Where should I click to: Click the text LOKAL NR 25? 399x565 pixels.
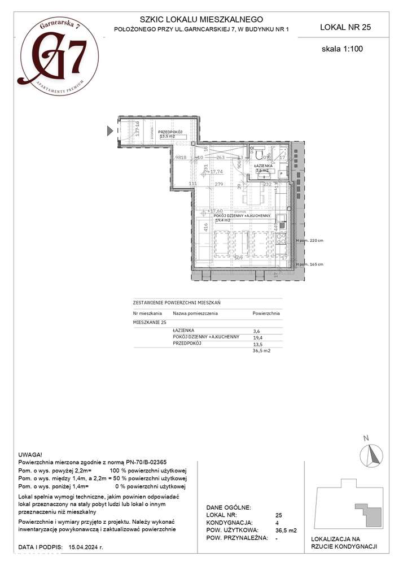click(x=345, y=27)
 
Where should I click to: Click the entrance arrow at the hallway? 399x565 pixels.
click(x=111, y=131)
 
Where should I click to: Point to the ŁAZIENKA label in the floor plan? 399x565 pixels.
click(x=265, y=166)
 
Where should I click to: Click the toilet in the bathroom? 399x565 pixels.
click(x=259, y=153)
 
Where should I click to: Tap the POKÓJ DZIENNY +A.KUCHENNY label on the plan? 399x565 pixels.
click(x=242, y=216)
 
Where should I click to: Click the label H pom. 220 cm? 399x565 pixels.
click(x=310, y=241)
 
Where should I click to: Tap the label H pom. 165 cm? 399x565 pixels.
click(x=310, y=264)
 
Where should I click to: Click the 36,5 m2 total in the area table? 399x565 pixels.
click(x=262, y=350)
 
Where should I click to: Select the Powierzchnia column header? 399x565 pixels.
click(x=266, y=312)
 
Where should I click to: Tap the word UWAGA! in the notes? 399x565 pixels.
click(x=30, y=453)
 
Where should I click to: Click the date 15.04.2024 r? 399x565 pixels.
click(x=86, y=547)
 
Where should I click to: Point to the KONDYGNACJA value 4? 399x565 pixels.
click(x=277, y=523)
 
